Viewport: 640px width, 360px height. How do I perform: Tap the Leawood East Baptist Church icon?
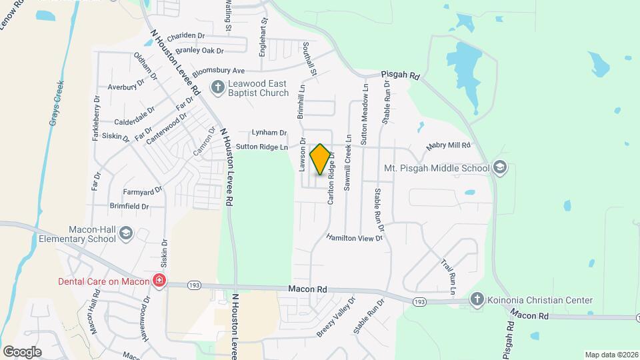(217, 87)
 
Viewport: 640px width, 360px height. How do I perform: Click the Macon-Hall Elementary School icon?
(127, 233)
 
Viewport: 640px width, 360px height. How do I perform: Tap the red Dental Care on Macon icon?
(159, 281)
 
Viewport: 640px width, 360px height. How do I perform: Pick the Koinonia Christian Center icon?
(477, 300)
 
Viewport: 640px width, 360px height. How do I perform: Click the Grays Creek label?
(57, 104)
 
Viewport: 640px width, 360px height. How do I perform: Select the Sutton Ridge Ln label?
(262, 147)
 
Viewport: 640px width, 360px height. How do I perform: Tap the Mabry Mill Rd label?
(449, 145)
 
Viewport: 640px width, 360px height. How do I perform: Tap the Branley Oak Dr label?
(195, 51)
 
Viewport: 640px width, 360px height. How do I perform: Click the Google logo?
(22, 351)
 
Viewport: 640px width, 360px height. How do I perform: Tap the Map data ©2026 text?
(611, 355)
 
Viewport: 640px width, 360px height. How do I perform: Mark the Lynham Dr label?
(269, 133)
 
